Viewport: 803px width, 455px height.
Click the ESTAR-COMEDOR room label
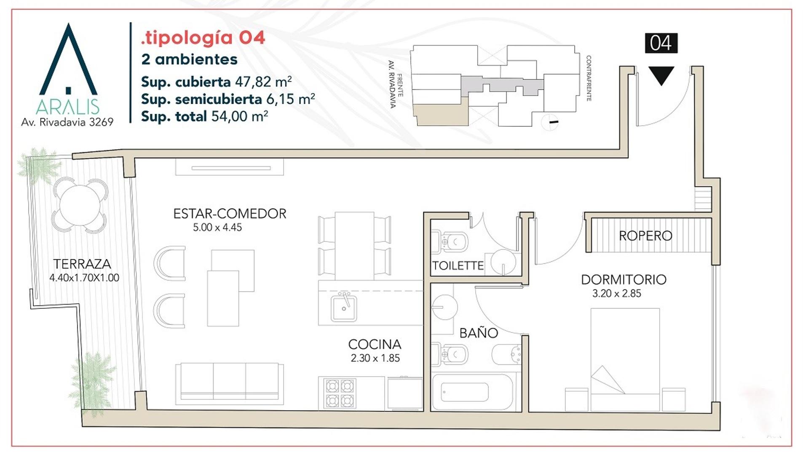(230, 214)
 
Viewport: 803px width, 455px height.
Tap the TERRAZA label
(82, 264)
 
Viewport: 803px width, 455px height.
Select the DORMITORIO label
(624, 280)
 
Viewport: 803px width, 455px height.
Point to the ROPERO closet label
(645, 236)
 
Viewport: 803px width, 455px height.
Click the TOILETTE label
(458, 266)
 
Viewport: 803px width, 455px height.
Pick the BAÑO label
(479, 333)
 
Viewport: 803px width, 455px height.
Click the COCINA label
(375, 345)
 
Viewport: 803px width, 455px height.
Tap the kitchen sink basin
(344, 308)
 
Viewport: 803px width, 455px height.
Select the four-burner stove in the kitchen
(339, 393)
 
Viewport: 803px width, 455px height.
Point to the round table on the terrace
(80, 206)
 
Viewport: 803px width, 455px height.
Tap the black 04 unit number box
(661, 43)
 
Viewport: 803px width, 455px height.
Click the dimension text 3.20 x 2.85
(616, 294)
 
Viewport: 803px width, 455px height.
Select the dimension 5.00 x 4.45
(217, 227)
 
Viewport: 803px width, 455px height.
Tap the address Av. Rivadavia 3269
(67, 122)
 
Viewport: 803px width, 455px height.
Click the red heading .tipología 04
(203, 38)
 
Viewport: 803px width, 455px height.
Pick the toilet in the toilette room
(450, 242)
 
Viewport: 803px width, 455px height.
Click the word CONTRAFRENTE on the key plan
(589, 78)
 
